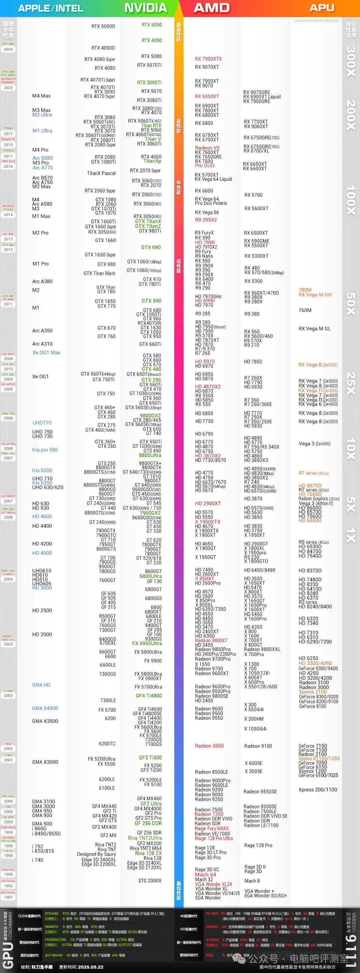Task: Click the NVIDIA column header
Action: [x=145, y=8]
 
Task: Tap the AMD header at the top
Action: [x=212, y=8]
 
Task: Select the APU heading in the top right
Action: [x=322, y=8]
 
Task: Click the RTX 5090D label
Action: [x=103, y=26]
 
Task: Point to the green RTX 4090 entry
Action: [x=151, y=40]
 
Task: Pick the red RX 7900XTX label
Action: [x=208, y=59]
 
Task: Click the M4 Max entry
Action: [x=41, y=96]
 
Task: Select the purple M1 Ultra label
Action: [x=42, y=131]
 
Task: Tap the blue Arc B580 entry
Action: [x=42, y=158]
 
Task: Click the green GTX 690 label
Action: [x=151, y=247]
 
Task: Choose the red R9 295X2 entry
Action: [x=206, y=220]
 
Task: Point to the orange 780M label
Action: [x=305, y=290]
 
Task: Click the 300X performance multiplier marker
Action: [x=351, y=61]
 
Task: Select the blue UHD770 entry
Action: [x=42, y=423]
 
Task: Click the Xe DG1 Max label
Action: [x=46, y=352]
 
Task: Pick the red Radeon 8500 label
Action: [x=209, y=746]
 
